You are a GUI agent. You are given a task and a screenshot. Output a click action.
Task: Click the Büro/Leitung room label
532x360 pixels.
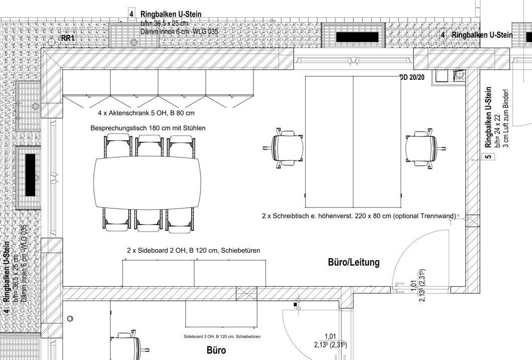(353, 262)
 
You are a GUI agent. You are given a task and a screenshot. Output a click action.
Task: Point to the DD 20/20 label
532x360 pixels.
(412, 78)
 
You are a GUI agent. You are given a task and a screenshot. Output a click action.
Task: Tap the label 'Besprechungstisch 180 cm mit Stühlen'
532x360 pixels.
(148, 128)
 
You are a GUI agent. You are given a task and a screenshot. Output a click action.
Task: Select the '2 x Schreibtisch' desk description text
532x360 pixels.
(358, 216)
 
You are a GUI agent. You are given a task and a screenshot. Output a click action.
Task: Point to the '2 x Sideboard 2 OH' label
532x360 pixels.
(193, 250)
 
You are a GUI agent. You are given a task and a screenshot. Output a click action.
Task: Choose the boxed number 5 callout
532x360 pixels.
(488, 157)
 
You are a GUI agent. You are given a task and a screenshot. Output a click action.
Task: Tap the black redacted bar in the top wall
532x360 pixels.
(357, 37)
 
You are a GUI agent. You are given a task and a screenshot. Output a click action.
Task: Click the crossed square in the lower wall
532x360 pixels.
(246, 294)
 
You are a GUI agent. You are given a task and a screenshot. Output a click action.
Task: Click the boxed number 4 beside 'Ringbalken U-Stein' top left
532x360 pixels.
(131, 14)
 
